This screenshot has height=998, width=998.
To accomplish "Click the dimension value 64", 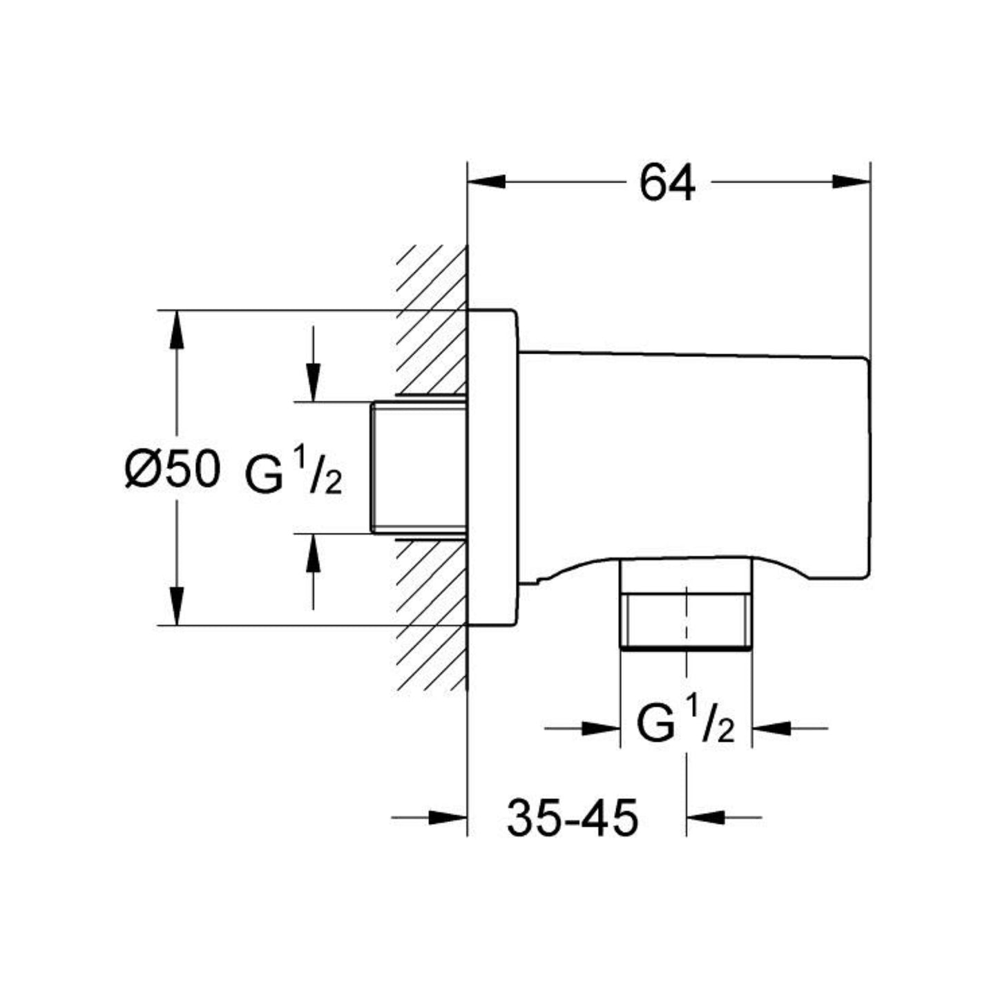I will [666, 184].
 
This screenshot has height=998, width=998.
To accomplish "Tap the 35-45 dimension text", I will [573, 819].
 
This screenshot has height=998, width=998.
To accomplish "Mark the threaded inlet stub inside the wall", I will [418, 468].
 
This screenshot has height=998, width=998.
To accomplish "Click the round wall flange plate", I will [491, 468].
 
